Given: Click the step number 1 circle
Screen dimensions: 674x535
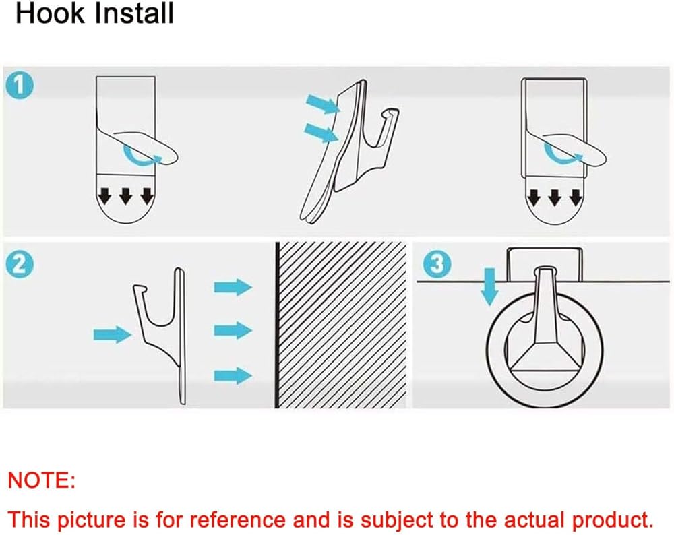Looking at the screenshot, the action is pos(20,85).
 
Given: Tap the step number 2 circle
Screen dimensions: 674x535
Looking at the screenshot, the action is pos(20,264).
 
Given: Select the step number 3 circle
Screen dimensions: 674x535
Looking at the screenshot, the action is pos(437,264).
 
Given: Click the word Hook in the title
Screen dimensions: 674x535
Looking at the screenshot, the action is pos(51,13).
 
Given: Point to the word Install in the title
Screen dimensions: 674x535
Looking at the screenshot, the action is pos(134,13).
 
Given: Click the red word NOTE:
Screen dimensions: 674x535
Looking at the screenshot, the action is pos(41,480).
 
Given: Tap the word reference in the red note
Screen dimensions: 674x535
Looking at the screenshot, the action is pos(238,520).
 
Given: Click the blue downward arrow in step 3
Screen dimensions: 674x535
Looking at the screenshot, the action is pos(489,286).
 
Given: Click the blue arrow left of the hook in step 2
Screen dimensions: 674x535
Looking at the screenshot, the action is pos(113,334).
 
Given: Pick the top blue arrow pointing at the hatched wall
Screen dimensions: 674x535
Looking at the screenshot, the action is pos(233,287).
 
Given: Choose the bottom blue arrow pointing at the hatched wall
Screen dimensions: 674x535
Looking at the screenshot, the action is pos(233,375).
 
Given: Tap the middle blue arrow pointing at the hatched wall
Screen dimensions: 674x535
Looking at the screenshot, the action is pos(233,330).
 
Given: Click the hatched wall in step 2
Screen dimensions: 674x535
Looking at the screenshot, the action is pos(341,325).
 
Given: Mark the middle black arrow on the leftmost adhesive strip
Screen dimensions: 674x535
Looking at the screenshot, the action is pos(125,195).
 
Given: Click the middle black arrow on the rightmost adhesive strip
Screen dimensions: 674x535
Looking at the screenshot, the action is pos(555,197).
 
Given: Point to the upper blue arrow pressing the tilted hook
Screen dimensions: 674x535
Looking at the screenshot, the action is pos(323,104).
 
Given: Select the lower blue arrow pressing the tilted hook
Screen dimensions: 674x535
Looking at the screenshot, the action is pos(321,132).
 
